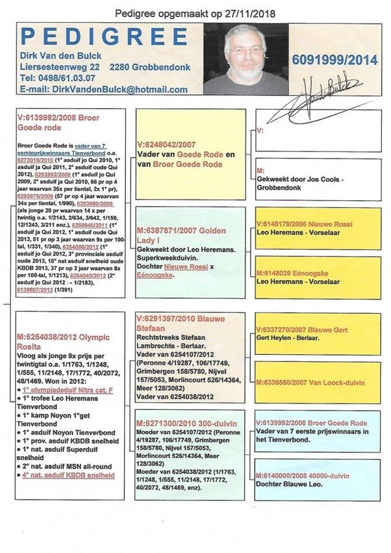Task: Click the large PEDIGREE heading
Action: (104, 36)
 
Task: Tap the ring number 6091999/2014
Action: (334, 60)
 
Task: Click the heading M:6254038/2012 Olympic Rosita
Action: (64, 341)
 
